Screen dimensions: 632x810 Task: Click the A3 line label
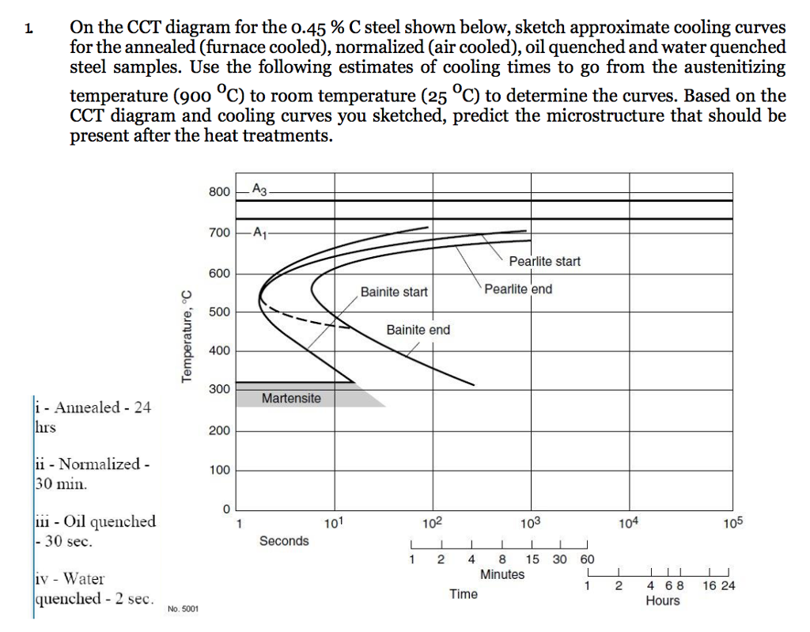coord(260,188)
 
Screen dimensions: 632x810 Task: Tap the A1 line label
coord(260,233)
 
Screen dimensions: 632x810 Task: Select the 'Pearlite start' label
coord(544,261)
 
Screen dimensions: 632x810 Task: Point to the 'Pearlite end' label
coord(518,289)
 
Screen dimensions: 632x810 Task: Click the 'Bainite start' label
coord(394,292)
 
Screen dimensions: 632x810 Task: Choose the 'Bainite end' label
coord(418,330)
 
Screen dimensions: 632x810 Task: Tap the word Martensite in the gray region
coord(291,398)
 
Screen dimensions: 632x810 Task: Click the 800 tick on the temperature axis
coord(219,191)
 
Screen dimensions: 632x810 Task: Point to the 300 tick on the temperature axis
coord(219,390)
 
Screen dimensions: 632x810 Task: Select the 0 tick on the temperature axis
coord(226,508)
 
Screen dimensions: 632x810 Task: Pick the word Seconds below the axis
coord(284,541)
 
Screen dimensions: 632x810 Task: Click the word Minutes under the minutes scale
coord(502,574)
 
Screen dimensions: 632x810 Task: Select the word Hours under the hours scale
coord(662,600)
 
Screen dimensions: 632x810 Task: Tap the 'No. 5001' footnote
coord(184,609)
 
